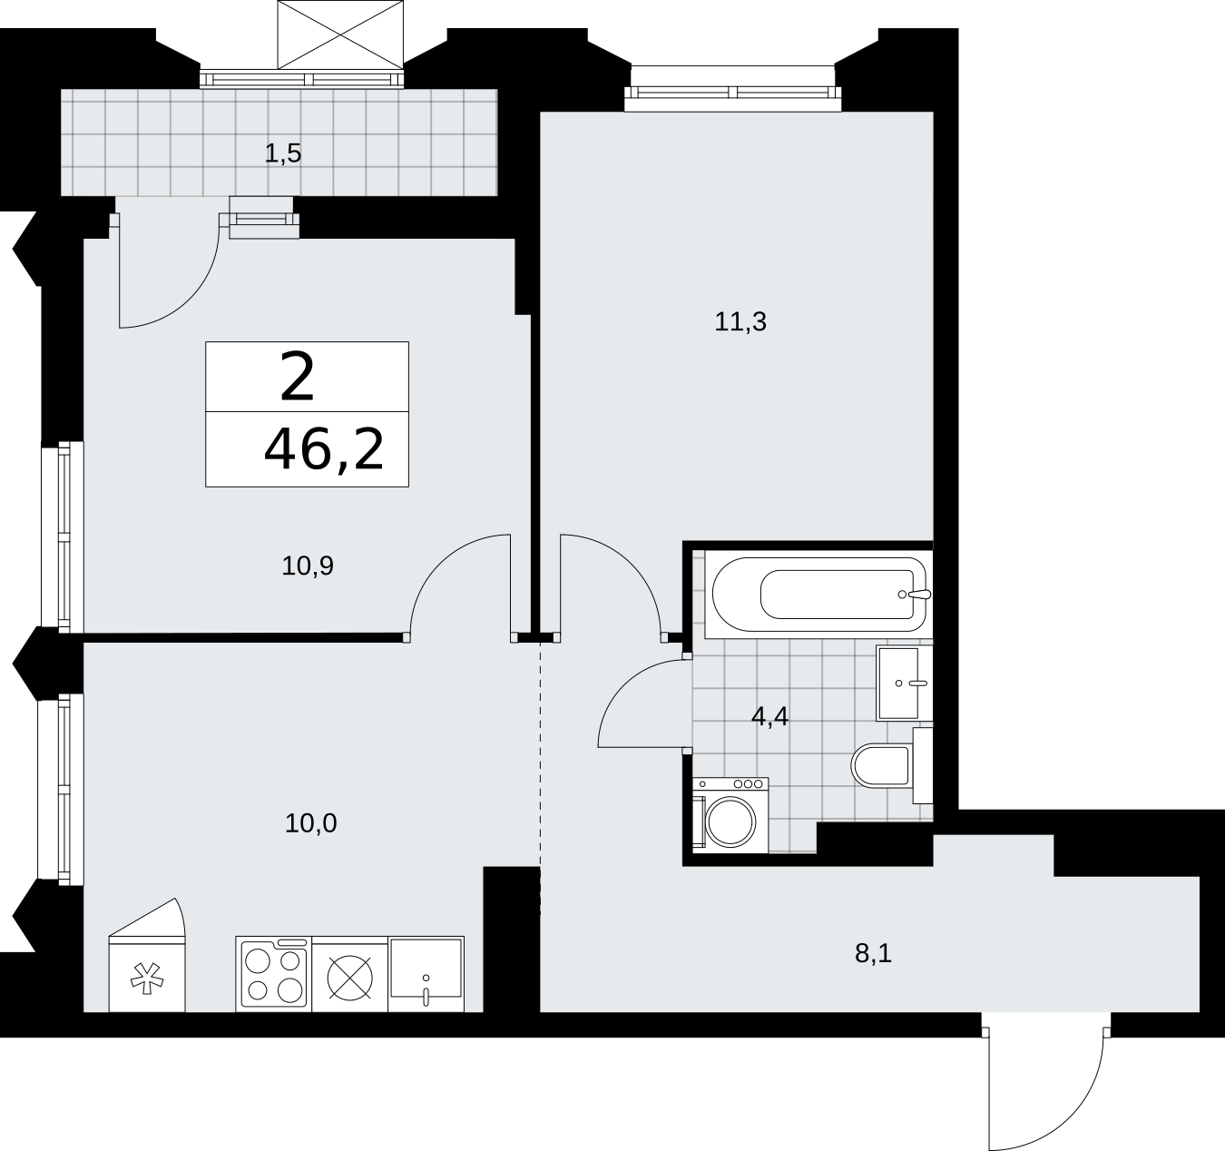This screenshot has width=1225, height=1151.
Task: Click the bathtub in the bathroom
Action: click(x=818, y=595)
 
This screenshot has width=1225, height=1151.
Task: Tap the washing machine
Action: click(x=730, y=815)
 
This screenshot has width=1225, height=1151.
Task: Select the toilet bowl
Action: click(x=891, y=766)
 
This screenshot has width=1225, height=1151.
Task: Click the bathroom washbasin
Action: click(x=905, y=684)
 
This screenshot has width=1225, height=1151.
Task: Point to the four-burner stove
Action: click(x=274, y=975)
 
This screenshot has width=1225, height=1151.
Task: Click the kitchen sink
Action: click(x=426, y=975)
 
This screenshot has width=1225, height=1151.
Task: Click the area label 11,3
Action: click(x=740, y=322)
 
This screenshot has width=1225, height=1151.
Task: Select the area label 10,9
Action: click(x=308, y=566)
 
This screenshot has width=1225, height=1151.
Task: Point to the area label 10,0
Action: click(x=311, y=824)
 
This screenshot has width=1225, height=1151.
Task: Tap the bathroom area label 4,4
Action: click(x=769, y=716)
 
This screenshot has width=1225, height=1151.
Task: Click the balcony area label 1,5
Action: click(x=283, y=153)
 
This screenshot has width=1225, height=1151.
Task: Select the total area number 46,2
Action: click(x=324, y=449)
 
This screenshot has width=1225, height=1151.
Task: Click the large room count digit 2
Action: click(x=297, y=377)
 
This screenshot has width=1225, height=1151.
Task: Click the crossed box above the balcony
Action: click(x=340, y=34)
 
